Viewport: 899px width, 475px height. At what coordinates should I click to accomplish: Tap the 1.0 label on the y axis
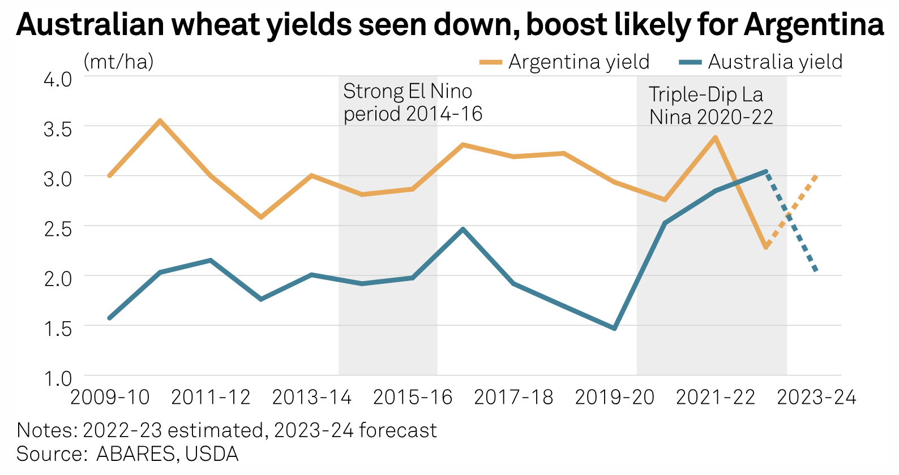coord(58,378)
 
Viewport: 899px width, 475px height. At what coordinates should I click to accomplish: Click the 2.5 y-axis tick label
coord(58,228)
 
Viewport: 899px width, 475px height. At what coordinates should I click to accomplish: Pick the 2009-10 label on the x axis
coord(110,398)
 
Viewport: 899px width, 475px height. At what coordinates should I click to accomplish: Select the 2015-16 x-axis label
coord(413,398)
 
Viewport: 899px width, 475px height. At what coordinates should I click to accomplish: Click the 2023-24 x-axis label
coord(816,398)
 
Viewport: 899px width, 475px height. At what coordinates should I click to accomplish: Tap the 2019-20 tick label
coord(615,398)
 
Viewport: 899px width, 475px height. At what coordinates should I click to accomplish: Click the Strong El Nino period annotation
coord(412,102)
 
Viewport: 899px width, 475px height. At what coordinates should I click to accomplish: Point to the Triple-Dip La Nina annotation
coord(710,106)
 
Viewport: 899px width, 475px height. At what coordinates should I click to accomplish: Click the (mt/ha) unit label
coord(118,62)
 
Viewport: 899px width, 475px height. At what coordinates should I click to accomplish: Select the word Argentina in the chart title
coord(814,24)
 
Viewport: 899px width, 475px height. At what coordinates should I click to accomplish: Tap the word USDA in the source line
coord(212,454)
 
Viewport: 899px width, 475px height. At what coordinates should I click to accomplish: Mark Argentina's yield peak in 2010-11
coord(160,120)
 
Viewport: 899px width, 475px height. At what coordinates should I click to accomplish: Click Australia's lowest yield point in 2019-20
coord(615,328)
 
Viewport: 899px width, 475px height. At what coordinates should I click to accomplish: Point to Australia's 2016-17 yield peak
coord(463,229)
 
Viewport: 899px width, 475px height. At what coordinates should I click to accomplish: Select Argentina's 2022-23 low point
coord(766,247)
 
